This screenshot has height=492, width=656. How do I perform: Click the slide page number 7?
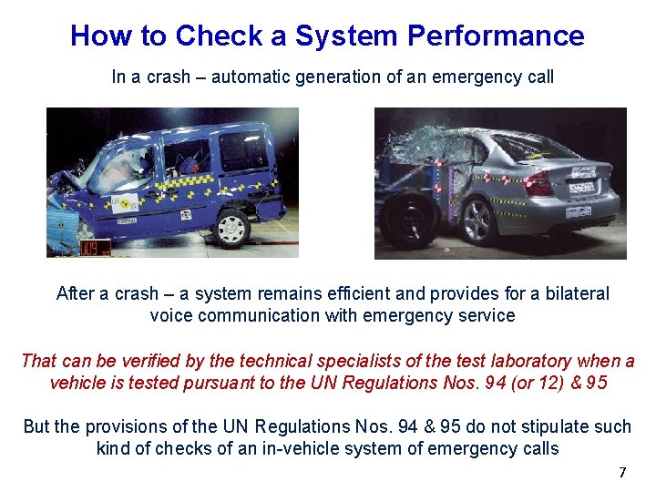click(622, 472)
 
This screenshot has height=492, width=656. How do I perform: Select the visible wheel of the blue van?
click(232, 226)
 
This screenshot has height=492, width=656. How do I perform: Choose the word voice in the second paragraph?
click(170, 316)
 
